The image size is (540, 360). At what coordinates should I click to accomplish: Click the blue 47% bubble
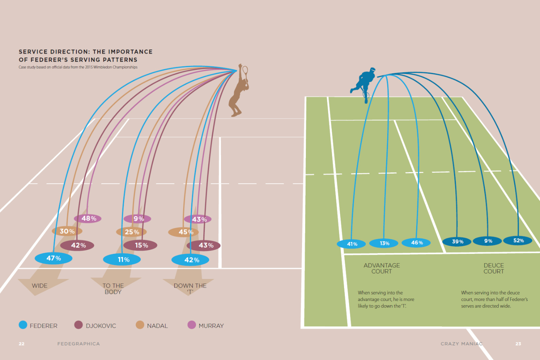click(54, 258)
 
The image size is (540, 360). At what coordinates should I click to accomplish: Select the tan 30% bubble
click(67, 231)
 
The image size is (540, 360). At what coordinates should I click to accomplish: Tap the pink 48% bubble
click(88, 218)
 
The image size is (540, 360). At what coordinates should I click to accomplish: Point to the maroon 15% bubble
click(141, 245)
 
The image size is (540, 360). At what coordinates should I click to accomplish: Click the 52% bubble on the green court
click(518, 240)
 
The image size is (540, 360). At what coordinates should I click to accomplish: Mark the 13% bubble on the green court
click(384, 243)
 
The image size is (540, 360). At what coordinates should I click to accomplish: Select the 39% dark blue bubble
click(457, 242)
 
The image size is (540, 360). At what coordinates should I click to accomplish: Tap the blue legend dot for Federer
click(23, 325)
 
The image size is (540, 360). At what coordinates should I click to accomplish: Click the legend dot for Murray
click(192, 325)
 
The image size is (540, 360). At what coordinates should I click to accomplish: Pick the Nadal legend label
click(157, 326)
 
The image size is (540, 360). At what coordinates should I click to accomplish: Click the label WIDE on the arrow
click(39, 286)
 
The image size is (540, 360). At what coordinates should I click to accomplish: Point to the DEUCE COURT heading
click(494, 268)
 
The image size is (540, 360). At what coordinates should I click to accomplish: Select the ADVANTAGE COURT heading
click(381, 268)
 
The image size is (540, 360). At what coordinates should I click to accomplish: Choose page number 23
click(518, 343)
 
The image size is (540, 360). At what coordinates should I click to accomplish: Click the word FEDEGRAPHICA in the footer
click(78, 343)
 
